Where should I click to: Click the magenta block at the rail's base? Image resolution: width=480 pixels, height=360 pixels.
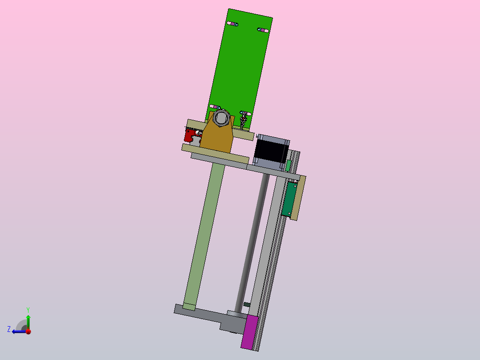pos(249,332)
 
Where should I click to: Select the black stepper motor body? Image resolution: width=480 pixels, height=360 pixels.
pos(271,151)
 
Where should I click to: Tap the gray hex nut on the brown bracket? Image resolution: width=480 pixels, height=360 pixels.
pos(221,117)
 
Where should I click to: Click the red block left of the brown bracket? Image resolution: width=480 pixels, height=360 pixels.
pos(192,135)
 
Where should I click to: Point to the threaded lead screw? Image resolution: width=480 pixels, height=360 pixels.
pos(252,242)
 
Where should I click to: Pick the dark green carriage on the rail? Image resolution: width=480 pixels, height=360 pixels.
pos(289,199)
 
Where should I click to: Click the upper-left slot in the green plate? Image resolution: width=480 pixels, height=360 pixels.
pos(232,24)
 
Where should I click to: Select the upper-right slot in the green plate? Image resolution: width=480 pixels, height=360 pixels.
pos(263,30)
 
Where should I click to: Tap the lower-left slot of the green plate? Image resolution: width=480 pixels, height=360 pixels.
pos(215,107)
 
